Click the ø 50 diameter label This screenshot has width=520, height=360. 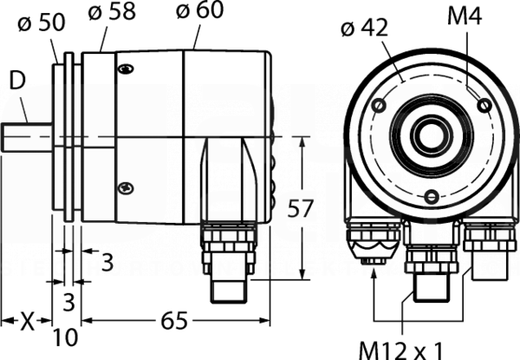click(x=42, y=23)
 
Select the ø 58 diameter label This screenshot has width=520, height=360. click(x=112, y=11)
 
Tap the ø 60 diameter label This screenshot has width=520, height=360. click(x=199, y=9)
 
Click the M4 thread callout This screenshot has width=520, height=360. click(x=465, y=16)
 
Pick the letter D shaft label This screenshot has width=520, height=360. click(x=17, y=81)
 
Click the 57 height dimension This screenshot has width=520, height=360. click(x=300, y=208)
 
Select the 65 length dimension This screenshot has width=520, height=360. click(x=174, y=321)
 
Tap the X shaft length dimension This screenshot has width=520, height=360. click(x=28, y=321)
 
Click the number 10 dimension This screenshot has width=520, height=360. click(x=65, y=337)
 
